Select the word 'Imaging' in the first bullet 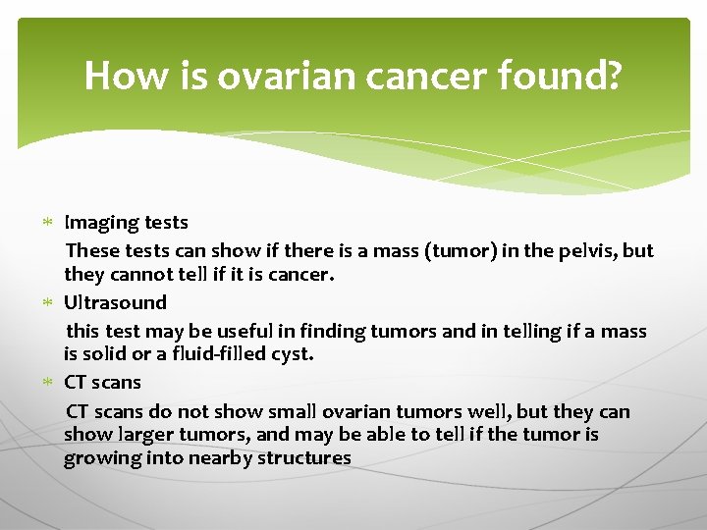coord(97,224)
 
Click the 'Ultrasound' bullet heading coord(115,303)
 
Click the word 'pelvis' coord(589,251)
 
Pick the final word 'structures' coord(303,458)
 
